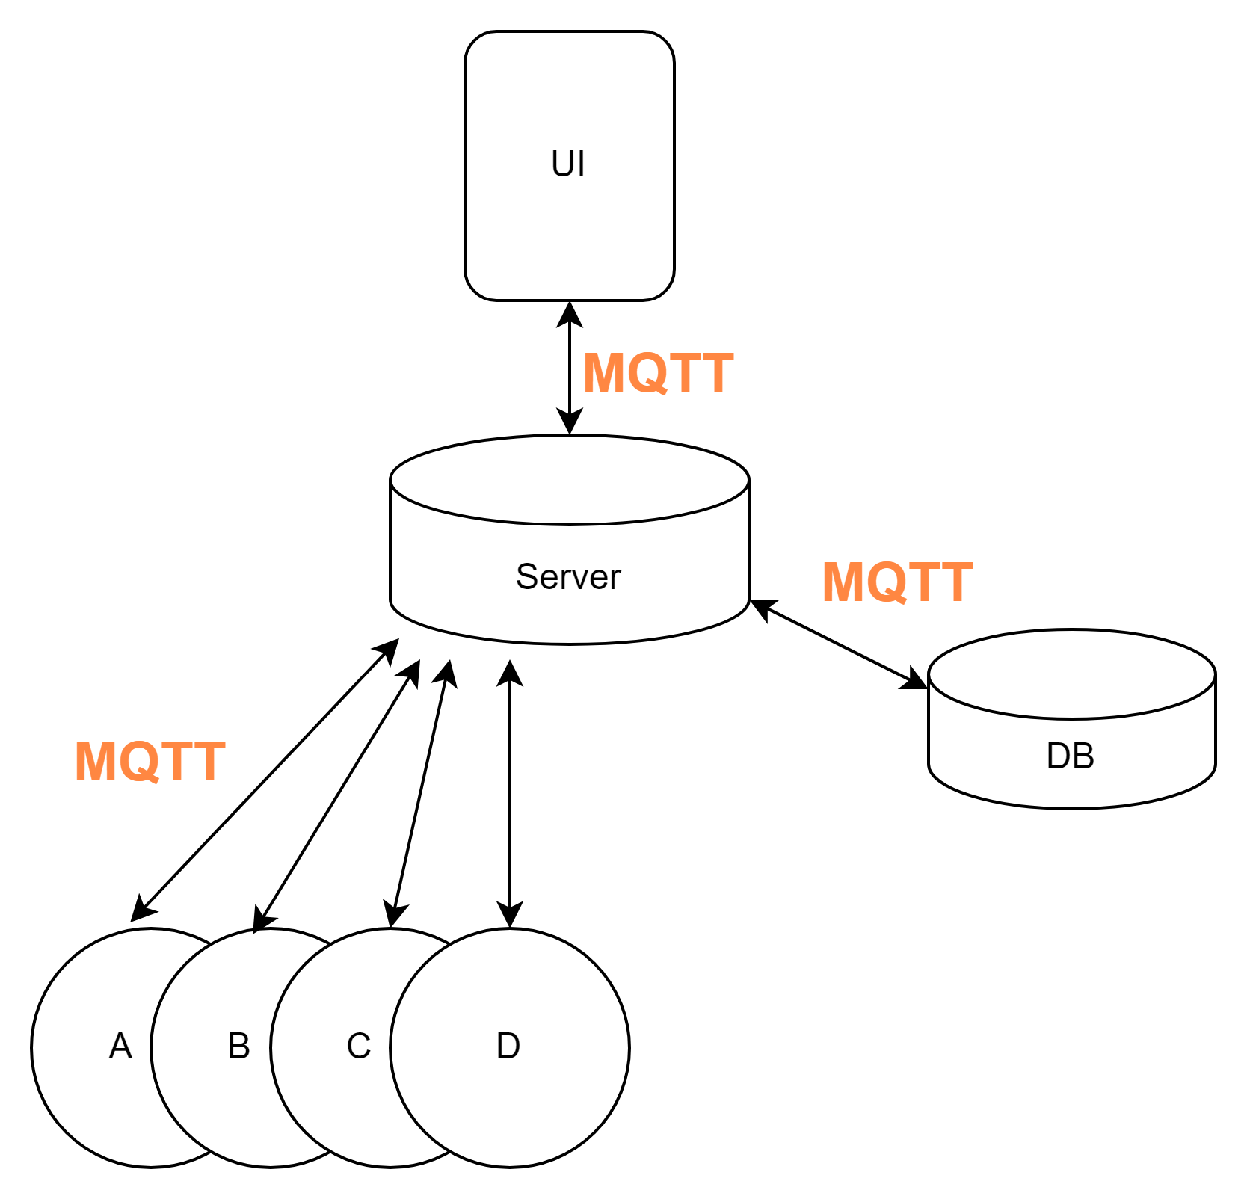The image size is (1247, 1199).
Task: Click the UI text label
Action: [568, 164]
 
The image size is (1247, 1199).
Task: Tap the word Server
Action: [568, 576]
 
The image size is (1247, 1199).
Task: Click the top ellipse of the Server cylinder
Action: [570, 480]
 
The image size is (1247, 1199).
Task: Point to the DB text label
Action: [1071, 756]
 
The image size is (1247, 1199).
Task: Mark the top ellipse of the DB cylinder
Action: [1071, 674]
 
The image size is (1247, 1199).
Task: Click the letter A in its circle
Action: [120, 1046]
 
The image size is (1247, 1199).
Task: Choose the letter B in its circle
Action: [239, 1046]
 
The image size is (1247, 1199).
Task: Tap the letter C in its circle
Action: [359, 1046]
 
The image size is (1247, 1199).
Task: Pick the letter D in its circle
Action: [508, 1046]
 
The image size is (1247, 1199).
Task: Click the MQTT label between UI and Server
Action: [658, 373]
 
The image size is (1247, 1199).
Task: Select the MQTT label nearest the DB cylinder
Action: [897, 582]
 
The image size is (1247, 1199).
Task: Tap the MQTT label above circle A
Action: [150, 762]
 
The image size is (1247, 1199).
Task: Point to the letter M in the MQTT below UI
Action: [603, 373]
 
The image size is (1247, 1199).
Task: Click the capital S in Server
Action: [526, 576]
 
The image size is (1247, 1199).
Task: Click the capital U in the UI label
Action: [562, 164]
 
